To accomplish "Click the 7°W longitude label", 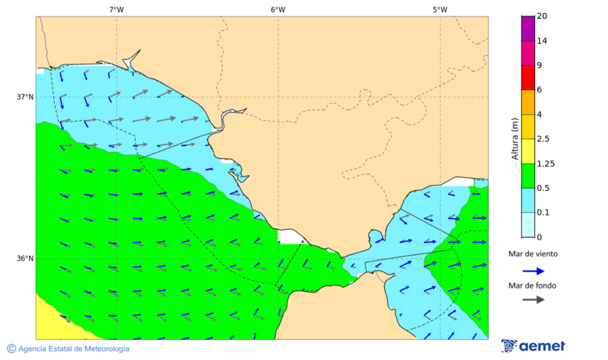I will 116,9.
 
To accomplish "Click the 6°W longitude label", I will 278,9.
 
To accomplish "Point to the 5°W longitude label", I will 440,9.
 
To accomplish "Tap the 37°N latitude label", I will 25,97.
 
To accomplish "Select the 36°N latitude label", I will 25,258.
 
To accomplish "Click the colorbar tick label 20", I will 541,16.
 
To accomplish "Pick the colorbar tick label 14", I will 541,41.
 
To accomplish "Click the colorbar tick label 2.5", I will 542,139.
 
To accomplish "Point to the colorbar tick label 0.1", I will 542,213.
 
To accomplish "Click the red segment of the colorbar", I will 528,77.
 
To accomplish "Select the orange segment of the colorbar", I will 528,102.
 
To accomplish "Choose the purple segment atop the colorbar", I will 528,28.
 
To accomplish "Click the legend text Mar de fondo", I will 533,285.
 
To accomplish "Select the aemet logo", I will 534,346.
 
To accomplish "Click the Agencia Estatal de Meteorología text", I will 74,349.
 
